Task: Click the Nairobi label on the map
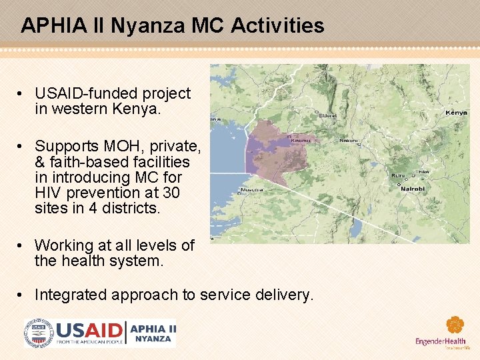point(412,189)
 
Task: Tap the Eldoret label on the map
point(328,115)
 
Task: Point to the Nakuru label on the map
point(348,141)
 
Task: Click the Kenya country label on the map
point(457,113)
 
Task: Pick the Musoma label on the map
point(252,189)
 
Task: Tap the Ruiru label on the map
point(398,176)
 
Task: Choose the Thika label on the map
point(422,172)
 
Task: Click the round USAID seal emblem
point(38,333)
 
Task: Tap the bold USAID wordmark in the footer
point(89,331)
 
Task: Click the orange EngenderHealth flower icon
point(455,325)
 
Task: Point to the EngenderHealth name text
point(440,342)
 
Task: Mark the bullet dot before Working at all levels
point(23,246)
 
